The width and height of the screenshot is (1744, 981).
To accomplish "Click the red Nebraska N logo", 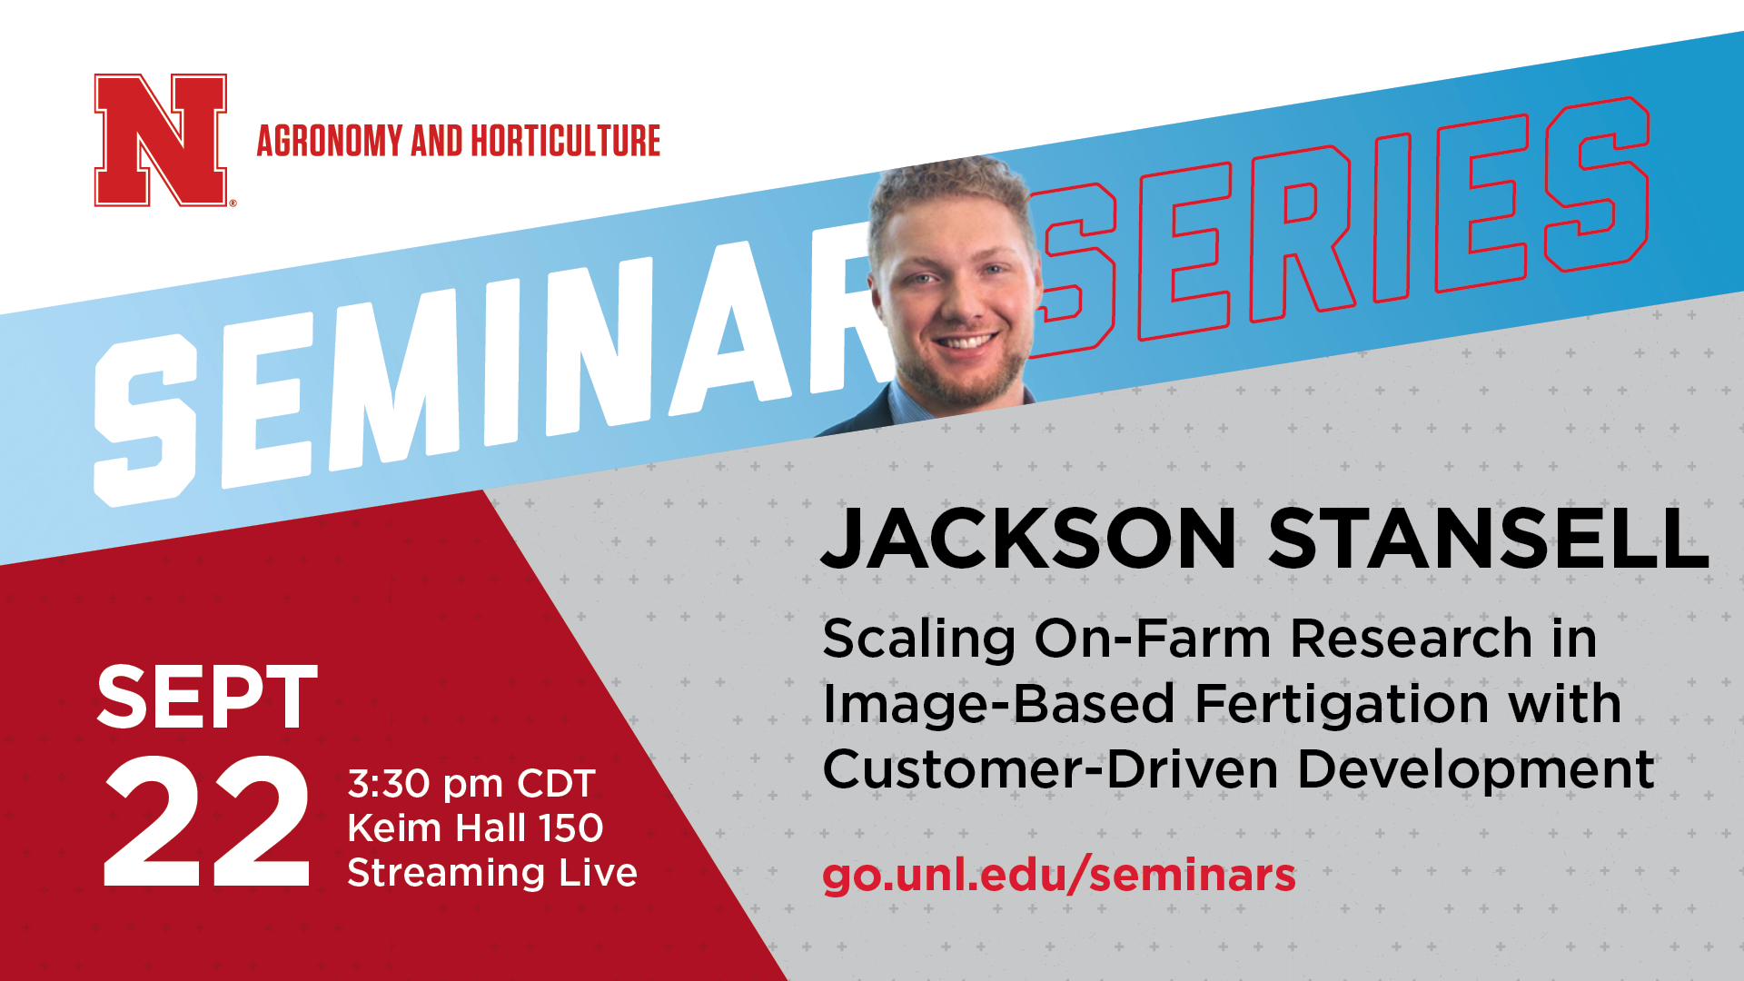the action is (161, 140).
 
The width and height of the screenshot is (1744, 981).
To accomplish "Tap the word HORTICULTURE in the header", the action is (565, 141).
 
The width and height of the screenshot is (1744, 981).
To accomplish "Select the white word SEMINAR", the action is (490, 372).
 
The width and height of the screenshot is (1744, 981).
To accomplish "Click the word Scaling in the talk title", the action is (918, 640).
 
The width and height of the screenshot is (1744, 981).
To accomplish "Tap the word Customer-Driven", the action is (1050, 770).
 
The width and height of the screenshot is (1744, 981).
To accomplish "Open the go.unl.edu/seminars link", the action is (1059, 875).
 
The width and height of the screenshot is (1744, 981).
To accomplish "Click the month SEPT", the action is (207, 698).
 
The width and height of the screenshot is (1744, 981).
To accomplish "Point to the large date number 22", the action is (207, 822).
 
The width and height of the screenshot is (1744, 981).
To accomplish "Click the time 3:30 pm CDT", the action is (471, 784).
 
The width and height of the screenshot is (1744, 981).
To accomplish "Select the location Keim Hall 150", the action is (475, 827).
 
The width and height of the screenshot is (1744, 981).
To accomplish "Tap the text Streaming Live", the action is (492, 873).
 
